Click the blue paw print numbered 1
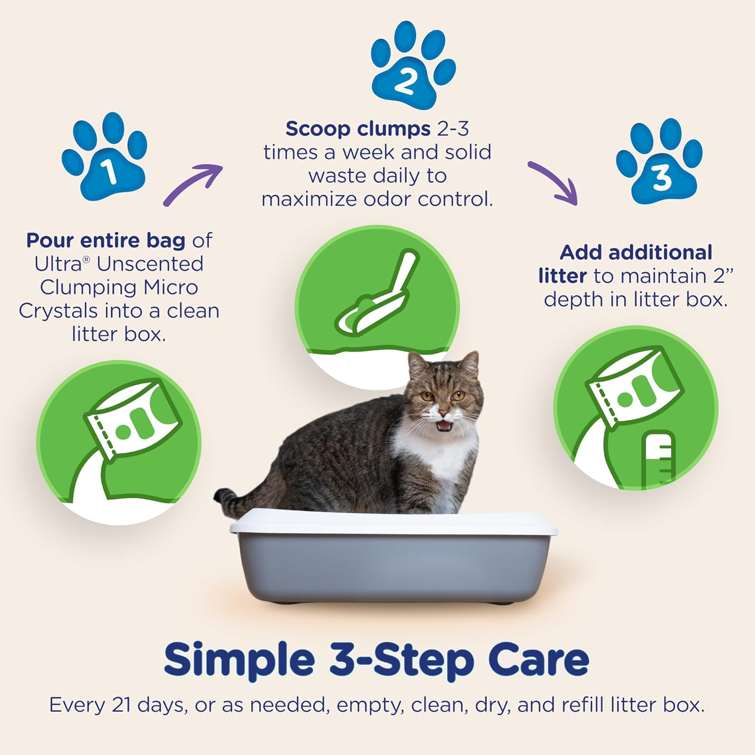(x=106, y=161)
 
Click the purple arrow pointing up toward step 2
(x=194, y=184)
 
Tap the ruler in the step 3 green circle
(x=658, y=458)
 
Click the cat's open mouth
(x=443, y=426)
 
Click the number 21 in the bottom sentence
(x=121, y=705)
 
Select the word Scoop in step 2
(x=317, y=129)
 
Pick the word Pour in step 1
(x=50, y=241)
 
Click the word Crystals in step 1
(x=58, y=311)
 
